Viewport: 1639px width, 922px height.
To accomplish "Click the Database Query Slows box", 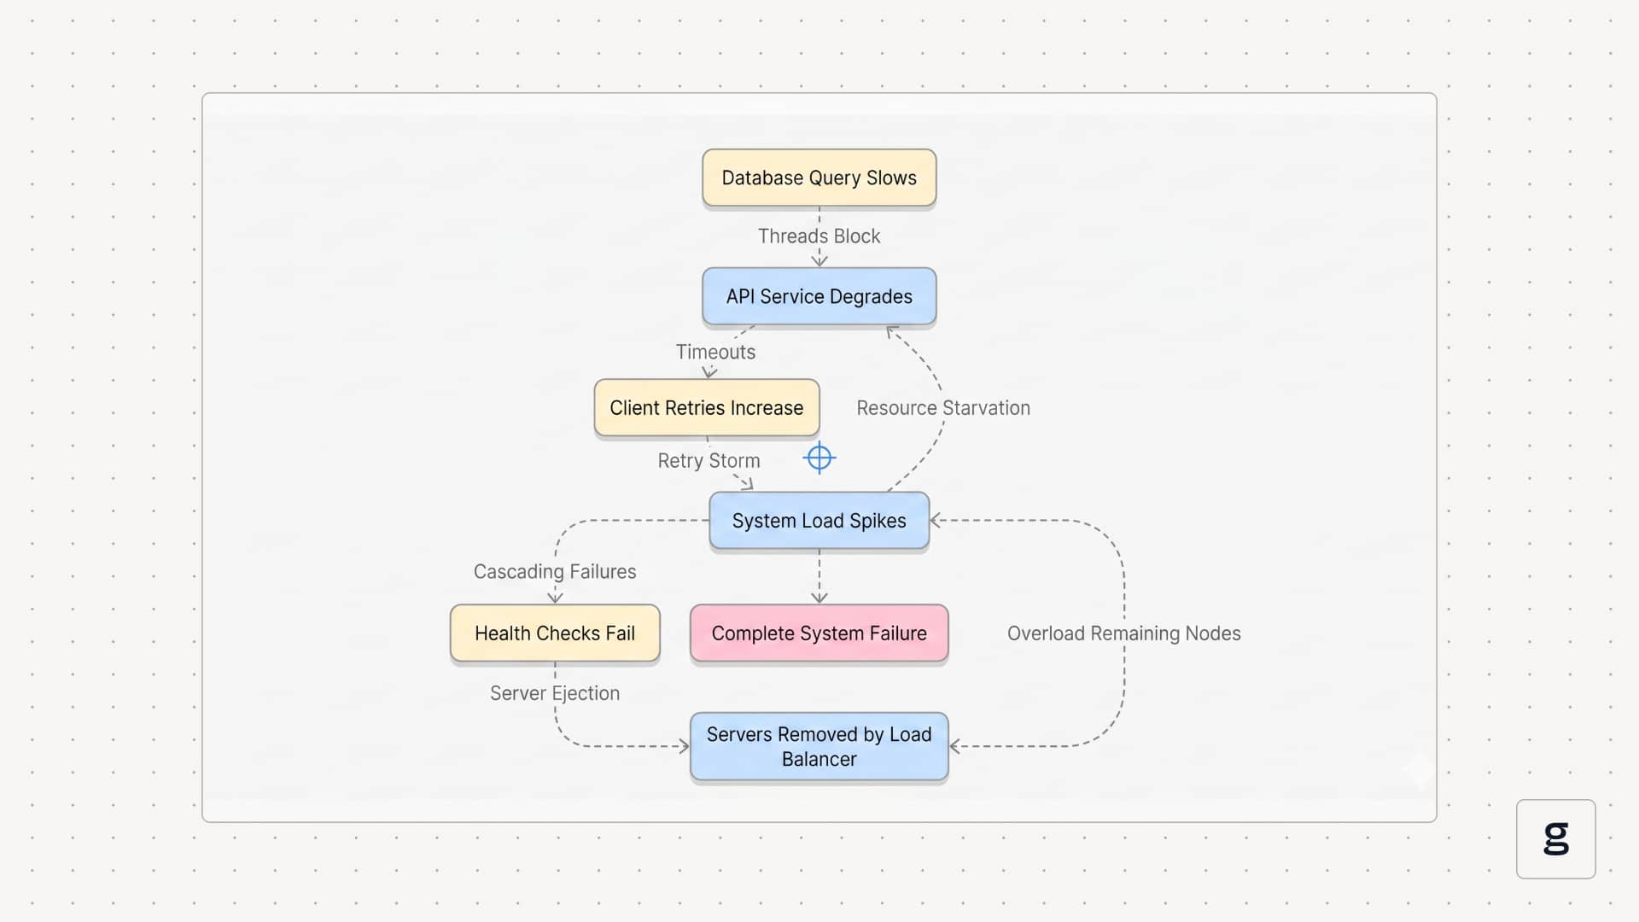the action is [819, 178].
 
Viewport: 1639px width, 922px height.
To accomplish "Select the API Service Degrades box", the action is [819, 296].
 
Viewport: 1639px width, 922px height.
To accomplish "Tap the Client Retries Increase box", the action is [707, 408].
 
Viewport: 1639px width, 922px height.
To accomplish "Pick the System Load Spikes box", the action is [819, 521].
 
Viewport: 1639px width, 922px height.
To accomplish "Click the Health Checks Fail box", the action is [555, 633].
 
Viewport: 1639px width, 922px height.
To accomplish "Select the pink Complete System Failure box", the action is [819, 633].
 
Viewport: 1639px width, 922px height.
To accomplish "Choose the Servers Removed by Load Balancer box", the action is [819, 747].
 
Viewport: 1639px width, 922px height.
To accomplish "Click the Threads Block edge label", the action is [819, 236].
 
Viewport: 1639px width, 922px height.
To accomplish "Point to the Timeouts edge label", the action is [715, 352].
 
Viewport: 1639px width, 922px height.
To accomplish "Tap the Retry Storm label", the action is [709, 461].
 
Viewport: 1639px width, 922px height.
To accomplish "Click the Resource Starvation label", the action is [943, 408].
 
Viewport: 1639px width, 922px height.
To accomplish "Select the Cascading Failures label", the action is [555, 572].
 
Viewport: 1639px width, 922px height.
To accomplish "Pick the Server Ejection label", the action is [555, 693].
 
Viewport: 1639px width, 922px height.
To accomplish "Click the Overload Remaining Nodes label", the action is [1124, 633].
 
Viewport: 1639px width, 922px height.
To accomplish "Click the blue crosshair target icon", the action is [819, 458].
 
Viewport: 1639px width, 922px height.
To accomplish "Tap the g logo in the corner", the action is [1556, 838].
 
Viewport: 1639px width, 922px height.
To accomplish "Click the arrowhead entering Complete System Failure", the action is [819, 598].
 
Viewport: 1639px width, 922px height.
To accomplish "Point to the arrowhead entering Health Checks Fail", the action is [555, 598].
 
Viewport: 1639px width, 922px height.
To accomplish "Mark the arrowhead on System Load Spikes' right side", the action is [936, 521].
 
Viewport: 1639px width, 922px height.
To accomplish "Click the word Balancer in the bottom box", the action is [819, 759].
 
